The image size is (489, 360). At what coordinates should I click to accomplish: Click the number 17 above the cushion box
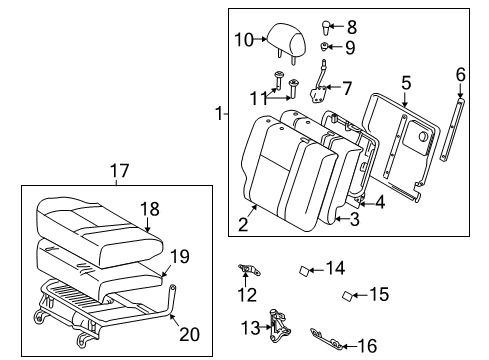[x=119, y=171]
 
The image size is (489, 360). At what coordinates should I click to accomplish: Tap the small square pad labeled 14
[x=307, y=269]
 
